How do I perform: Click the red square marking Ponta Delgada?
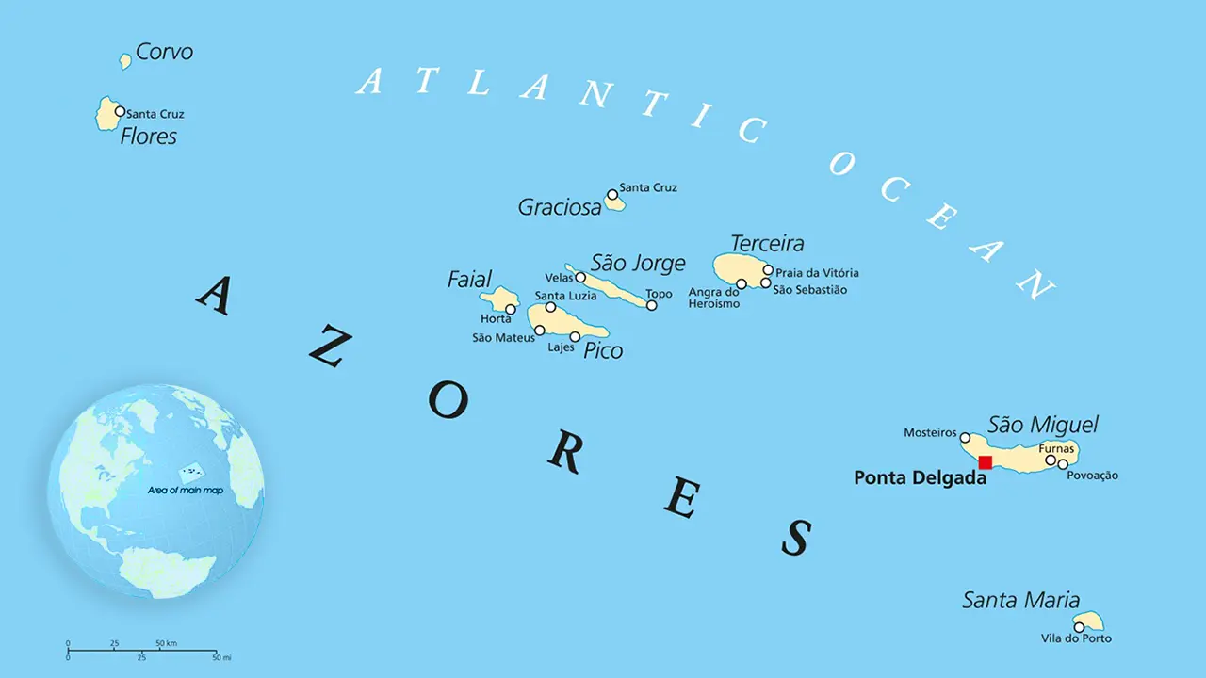[985, 461]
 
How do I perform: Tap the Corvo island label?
[164, 52]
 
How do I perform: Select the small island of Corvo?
[125, 61]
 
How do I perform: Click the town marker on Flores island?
[120, 111]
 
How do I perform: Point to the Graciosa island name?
[560, 208]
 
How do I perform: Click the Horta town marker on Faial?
[511, 309]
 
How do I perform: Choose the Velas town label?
[559, 278]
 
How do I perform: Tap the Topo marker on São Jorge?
[651, 305]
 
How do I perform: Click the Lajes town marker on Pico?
[575, 336]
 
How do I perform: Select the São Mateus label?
[503, 338]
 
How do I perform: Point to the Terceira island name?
[767, 244]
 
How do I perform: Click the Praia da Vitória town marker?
[768, 270]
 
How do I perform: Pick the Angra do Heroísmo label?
[713, 298]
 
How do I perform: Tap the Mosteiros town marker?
[965, 437]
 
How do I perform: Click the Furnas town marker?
[1051, 460]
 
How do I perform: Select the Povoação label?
[1092, 476]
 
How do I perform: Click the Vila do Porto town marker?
[1079, 627]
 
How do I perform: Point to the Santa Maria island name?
[1020, 600]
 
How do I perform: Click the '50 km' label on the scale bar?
[166, 643]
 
